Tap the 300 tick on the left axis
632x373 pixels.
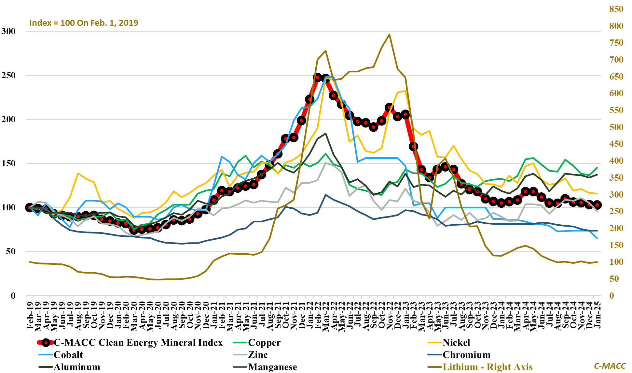point(8,31)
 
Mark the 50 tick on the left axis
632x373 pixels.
point(11,251)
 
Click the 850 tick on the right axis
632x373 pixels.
point(616,9)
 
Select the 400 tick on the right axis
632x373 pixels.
point(616,161)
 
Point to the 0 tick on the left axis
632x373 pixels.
point(13,296)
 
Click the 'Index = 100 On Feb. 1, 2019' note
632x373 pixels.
point(84,23)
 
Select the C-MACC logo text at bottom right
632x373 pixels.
point(610,366)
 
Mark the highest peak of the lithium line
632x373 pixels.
point(389,35)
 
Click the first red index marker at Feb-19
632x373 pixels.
point(30,207)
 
